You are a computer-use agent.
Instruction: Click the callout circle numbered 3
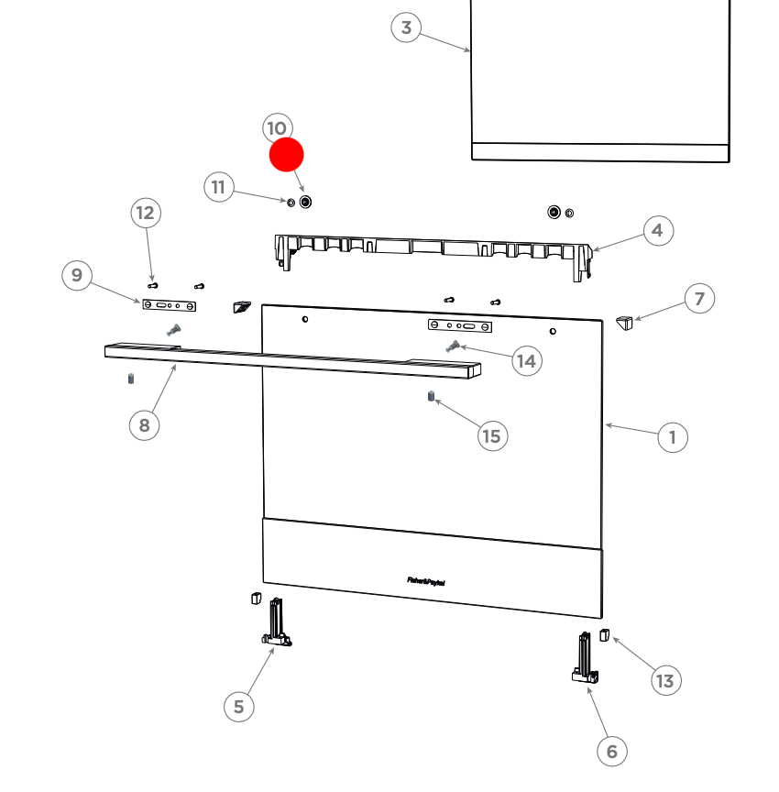pos(407,27)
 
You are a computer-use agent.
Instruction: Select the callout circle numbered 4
pos(657,230)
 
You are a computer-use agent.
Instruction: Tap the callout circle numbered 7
pos(700,299)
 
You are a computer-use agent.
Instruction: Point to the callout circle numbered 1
pos(673,437)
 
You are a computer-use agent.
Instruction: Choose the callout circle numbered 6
pos(612,752)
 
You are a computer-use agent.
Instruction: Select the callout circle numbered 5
pos(239,706)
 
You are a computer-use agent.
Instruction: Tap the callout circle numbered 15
pos(492,435)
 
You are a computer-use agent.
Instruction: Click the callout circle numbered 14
pos(526,361)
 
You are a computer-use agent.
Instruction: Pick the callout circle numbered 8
pos(144,424)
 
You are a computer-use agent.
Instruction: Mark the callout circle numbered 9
pos(77,275)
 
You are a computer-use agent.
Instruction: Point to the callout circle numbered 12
pos(145,214)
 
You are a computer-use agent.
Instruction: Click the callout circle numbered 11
pos(218,188)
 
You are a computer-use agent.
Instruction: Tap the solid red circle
pos(286,155)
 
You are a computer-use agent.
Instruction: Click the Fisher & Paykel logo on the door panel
pos(426,580)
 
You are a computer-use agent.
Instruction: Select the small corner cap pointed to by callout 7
pos(625,324)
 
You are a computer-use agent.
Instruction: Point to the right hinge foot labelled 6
pos(585,660)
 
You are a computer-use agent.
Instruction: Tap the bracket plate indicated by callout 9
pos(170,304)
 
